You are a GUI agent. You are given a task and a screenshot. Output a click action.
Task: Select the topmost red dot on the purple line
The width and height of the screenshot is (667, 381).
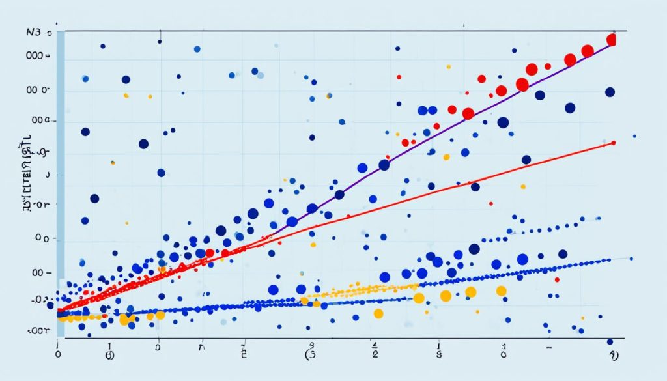click(x=611, y=40)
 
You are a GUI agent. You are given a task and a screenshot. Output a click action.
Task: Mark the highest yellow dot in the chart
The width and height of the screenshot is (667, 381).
click(x=448, y=66)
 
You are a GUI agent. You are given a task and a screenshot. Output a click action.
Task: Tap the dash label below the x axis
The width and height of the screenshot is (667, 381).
click(x=549, y=349)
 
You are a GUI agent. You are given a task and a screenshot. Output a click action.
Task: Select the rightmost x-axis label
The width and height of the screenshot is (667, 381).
click(x=612, y=356)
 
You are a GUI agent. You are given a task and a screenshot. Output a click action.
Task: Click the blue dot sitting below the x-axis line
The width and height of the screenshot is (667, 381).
click(x=610, y=341)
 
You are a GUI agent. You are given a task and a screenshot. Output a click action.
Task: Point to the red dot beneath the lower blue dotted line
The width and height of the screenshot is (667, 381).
click(x=557, y=279)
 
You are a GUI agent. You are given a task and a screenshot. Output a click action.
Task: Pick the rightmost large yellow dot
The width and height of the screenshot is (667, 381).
click(x=501, y=291)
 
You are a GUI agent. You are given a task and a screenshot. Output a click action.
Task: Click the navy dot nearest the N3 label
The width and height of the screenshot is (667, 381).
click(x=103, y=46)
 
